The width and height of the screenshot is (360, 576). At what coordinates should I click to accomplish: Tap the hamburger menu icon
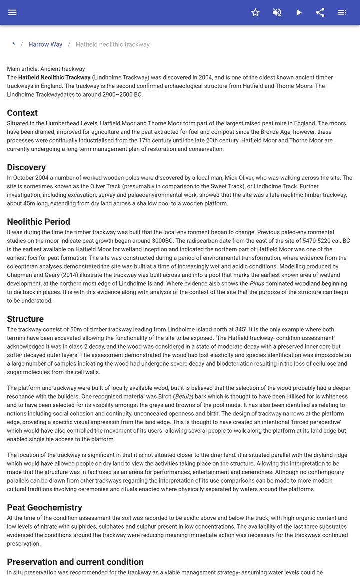pyautogui.click(x=12, y=12)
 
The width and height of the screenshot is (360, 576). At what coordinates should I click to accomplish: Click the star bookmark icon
pyautogui.click(x=255, y=12)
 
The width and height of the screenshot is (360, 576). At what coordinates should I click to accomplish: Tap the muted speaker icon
pyautogui.click(x=277, y=12)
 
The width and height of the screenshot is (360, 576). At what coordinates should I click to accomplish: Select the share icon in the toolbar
pyautogui.click(x=320, y=12)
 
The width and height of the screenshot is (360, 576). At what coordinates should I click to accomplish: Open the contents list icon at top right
pyautogui.click(x=342, y=12)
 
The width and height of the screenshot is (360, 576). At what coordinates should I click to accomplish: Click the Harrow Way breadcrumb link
pyautogui.click(x=45, y=44)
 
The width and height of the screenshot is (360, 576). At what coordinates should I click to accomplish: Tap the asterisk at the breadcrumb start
pyautogui.click(x=14, y=44)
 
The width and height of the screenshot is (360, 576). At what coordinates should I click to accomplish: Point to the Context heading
pyautogui.click(x=22, y=113)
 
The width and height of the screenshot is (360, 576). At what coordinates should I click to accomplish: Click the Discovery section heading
pyautogui.click(x=26, y=167)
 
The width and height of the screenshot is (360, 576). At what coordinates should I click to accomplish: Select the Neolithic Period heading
pyautogui.click(x=38, y=222)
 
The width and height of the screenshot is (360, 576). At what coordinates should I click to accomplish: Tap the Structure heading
pyautogui.click(x=25, y=319)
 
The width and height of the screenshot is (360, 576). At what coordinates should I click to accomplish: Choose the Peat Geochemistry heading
pyautogui.click(x=44, y=508)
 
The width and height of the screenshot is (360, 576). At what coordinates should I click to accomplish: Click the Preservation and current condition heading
pyautogui.click(x=75, y=562)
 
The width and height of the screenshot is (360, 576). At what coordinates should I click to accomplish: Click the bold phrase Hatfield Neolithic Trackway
pyautogui.click(x=54, y=78)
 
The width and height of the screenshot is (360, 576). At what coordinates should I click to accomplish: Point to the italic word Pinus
pyautogui.click(x=257, y=284)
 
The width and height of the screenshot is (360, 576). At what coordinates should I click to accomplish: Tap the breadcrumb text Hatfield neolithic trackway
pyautogui.click(x=113, y=44)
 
